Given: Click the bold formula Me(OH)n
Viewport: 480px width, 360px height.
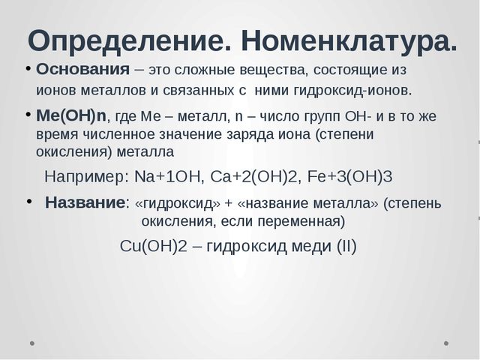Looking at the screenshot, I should [72, 117].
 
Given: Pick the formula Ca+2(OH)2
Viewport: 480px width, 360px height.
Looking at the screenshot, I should [246, 177].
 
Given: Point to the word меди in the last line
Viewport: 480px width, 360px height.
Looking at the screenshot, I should [302, 247].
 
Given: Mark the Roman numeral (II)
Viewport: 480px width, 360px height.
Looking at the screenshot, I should [342, 247].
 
